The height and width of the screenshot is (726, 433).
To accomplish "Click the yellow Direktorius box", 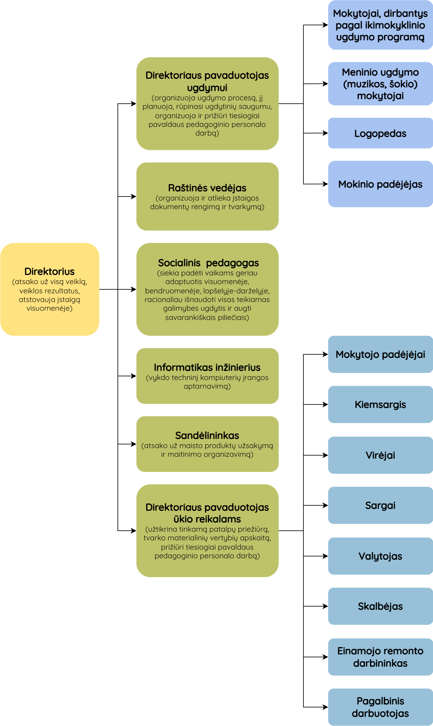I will click(x=49, y=289).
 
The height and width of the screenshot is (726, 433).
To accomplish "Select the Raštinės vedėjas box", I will click(x=207, y=196).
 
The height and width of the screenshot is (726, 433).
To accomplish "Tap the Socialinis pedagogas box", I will click(x=207, y=289).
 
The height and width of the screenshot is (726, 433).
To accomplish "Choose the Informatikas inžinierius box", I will click(x=207, y=376).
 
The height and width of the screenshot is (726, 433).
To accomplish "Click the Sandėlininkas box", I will click(x=207, y=444).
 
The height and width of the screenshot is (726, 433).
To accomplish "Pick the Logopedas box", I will click(x=380, y=133).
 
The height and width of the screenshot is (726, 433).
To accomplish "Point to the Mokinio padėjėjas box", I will click(x=380, y=184).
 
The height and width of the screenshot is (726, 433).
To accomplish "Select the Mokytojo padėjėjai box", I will click(x=380, y=354).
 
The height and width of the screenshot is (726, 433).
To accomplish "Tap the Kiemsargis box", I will click(x=380, y=404).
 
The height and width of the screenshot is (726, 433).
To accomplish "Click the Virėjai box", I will click(x=380, y=455).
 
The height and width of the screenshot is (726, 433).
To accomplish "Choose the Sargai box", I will click(x=380, y=505).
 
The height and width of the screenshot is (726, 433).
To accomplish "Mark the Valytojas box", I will click(x=380, y=556).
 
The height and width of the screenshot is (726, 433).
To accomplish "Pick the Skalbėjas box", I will click(x=380, y=606).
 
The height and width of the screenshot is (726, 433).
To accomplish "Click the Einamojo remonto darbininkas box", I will click(x=380, y=657).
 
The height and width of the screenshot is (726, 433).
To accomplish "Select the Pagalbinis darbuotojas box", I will click(x=380, y=707).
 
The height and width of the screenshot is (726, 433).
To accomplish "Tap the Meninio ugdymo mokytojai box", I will click(x=380, y=84).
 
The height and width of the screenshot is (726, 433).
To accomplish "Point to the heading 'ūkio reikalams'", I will click(x=207, y=519).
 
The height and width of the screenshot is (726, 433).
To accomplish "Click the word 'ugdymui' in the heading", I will click(x=207, y=88).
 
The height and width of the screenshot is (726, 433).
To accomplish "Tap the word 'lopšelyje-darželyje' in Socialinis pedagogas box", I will click(x=236, y=291).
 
